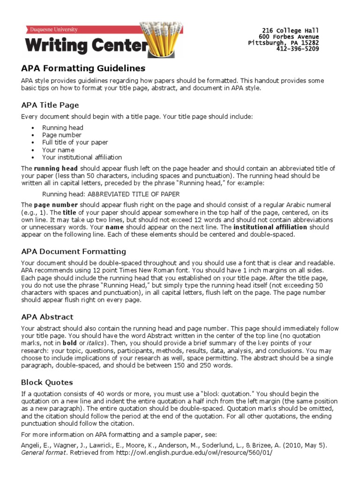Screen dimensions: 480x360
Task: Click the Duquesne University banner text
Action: coord(52,30)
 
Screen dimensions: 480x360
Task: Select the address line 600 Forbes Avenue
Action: coord(289,37)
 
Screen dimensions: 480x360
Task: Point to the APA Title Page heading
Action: coord(50,105)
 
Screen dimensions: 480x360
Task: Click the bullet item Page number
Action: coord(61,135)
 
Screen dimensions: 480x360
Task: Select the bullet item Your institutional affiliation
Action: coord(82,157)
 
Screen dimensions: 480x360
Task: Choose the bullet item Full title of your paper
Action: coord(75,142)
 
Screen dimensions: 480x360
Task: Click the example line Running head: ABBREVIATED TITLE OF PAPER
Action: coord(111,194)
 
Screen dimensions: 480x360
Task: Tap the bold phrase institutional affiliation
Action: coord(270,227)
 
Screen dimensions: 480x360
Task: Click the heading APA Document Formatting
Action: coord(73,251)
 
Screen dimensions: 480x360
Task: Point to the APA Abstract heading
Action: coord(47,317)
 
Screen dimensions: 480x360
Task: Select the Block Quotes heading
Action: coord(47,382)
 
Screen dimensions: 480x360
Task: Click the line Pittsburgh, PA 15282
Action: coord(284,43)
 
